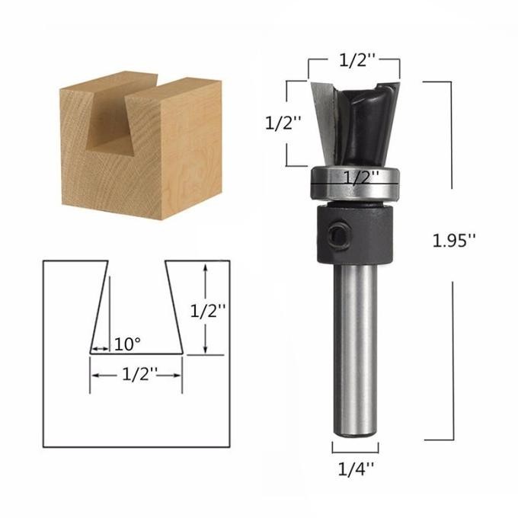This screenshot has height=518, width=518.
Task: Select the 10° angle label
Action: tap(127, 344)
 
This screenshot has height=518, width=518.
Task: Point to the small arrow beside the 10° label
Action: tap(99, 350)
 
